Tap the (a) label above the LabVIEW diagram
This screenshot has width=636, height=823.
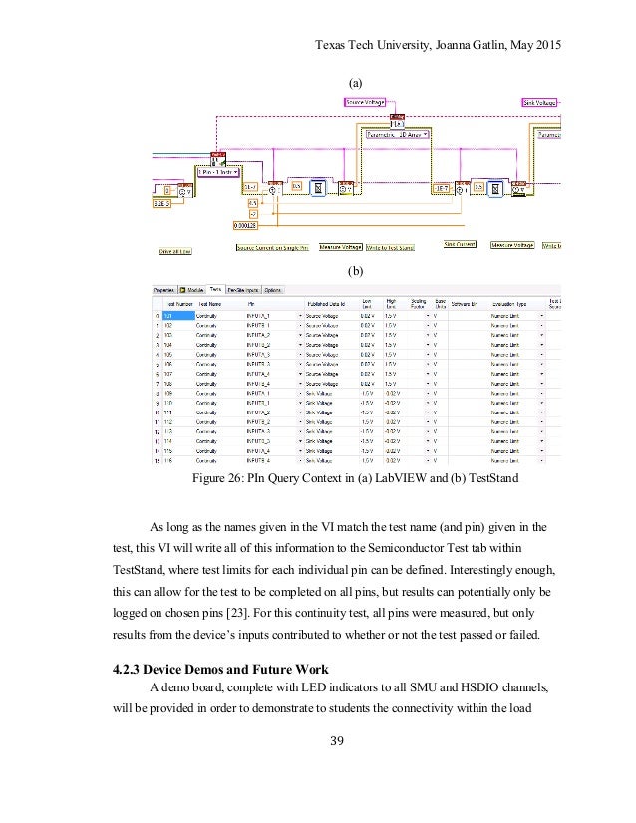point(354,79)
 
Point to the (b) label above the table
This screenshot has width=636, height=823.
point(354,270)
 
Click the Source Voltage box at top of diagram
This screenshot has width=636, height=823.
point(367,101)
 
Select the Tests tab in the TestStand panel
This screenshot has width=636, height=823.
point(214,290)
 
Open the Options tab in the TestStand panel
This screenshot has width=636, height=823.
point(273,290)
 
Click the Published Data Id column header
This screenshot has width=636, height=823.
point(327,304)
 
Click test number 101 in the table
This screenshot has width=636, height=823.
point(169,315)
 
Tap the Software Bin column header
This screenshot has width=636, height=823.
point(465,304)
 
